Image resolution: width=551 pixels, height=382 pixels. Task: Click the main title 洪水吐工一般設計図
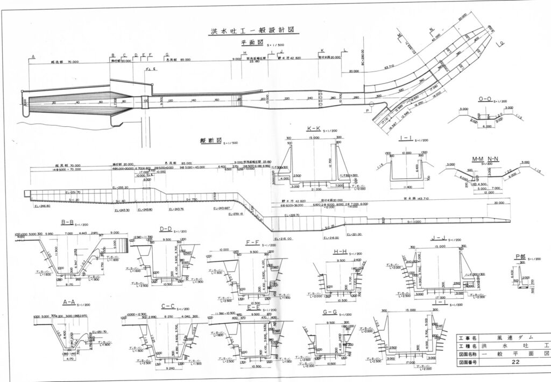click(253, 31)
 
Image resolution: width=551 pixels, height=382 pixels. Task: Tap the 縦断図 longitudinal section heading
click(209, 141)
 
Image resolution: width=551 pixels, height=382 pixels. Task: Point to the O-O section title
click(485, 99)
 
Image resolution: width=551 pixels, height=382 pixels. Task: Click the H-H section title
click(340, 251)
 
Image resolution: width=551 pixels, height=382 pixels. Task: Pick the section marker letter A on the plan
click(33, 56)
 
